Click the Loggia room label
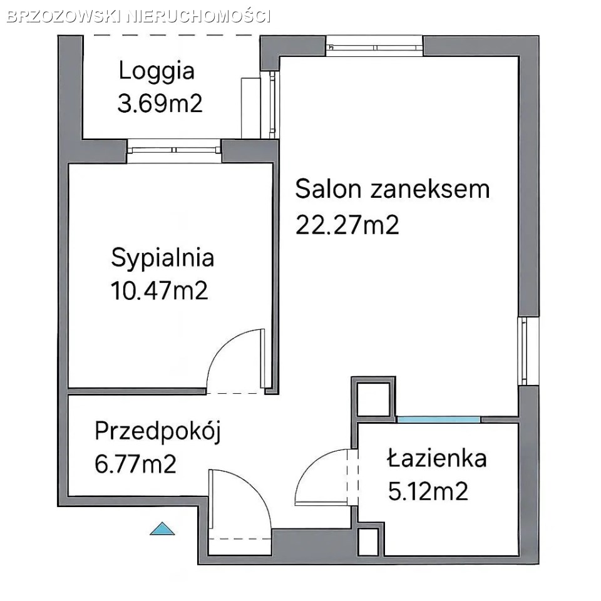(x=157, y=72)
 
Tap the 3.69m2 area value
(x=160, y=103)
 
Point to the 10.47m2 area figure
(x=159, y=290)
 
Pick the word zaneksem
(x=430, y=190)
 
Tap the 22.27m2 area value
(x=347, y=225)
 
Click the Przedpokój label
(x=158, y=432)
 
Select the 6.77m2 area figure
(x=135, y=464)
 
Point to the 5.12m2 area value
(x=428, y=491)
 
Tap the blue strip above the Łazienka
(x=438, y=419)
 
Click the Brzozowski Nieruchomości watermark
(x=139, y=16)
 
